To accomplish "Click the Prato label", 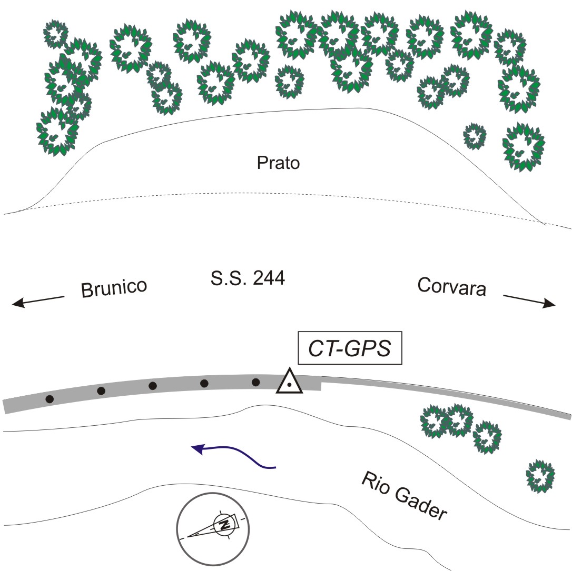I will (x=278, y=163).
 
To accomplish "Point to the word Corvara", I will (x=451, y=287).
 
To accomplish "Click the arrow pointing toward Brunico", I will (x=38, y=300).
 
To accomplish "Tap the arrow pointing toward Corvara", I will (x=529, y=301).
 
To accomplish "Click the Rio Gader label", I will (x=405, y=495).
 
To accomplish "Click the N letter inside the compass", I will (x=225, y=524).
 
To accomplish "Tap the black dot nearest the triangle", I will (x=256, y=382).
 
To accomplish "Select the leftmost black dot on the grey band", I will (x=50, y=399).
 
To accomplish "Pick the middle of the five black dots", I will (x=153, y=386).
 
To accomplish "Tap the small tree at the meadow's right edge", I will (x=475, y=136).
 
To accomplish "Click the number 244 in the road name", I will (x=269, y=278).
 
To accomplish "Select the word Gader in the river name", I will (x=421, y=502).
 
